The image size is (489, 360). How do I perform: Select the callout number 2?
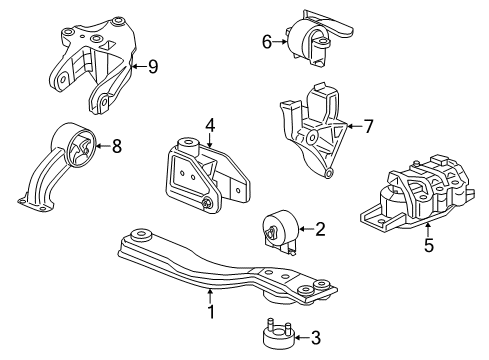tap(320, 230)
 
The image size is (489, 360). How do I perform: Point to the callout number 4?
tap(211, 126)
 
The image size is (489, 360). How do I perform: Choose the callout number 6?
tap(266, 41)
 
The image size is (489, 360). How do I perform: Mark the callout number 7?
tap(368, 127)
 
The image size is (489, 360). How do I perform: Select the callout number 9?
tap(152, 68)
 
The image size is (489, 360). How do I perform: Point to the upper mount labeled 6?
tap(315, 40)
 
